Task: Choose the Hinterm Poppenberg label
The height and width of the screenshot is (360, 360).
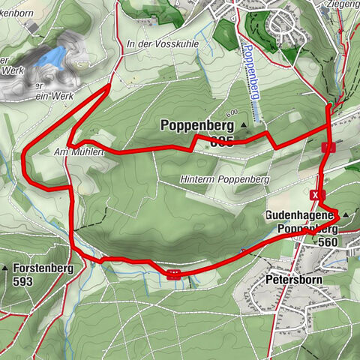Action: click(225, 180)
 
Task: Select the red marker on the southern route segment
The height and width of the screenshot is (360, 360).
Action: click(174, 274)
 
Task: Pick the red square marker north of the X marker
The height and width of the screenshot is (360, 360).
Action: click(326, 147)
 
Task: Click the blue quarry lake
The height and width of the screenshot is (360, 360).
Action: click(51, 56)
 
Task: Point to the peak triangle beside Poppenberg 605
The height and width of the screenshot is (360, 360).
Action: click(244, 123)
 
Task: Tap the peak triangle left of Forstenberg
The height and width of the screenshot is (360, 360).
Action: click(5, 268)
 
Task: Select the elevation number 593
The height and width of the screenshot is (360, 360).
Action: click(24, 281)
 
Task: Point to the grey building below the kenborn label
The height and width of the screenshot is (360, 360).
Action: click(31, 25)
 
